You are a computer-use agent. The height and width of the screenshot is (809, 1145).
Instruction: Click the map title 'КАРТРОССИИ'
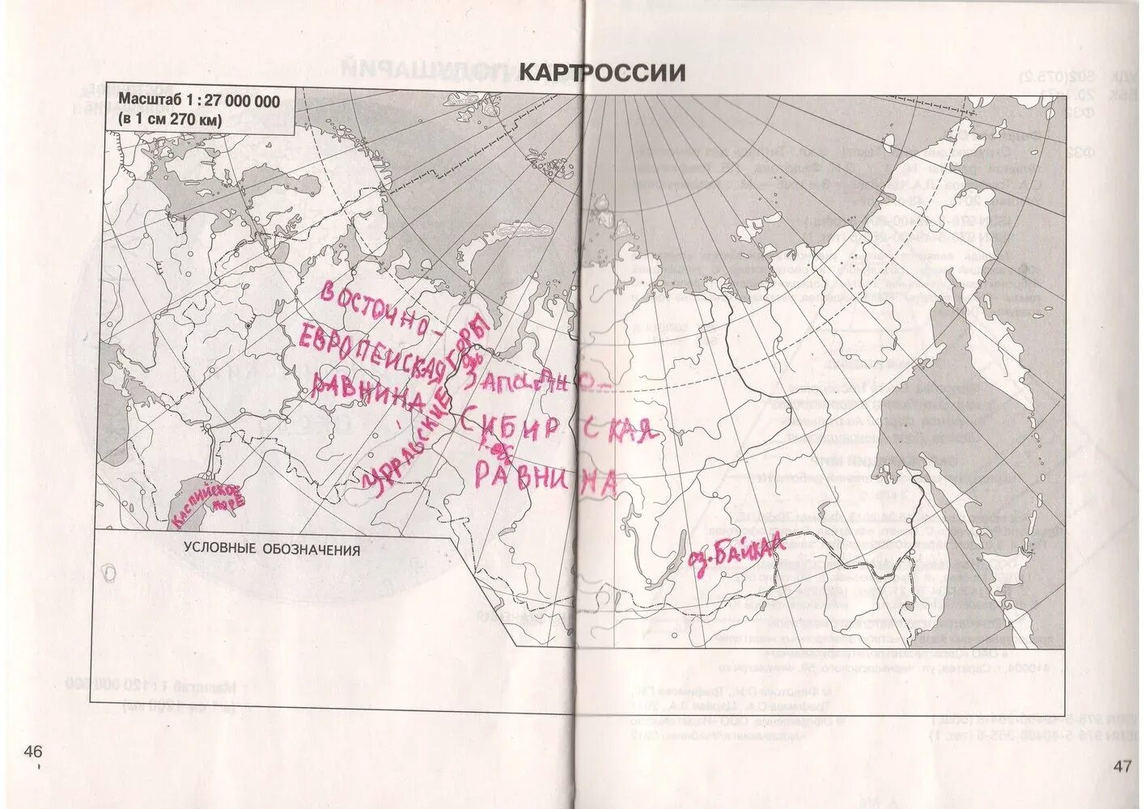[601, 73]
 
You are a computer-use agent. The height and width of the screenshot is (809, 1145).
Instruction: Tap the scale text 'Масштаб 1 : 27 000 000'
[199, 101]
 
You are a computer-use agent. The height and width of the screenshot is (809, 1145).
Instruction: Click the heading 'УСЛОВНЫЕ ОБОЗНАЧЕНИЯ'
[271, 549]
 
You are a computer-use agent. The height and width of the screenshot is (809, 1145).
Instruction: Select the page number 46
[33, 752]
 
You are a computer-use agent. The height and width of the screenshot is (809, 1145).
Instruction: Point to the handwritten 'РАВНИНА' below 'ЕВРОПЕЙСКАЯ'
[368, 392]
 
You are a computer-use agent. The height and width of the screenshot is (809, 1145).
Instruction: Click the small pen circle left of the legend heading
[110, 573]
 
